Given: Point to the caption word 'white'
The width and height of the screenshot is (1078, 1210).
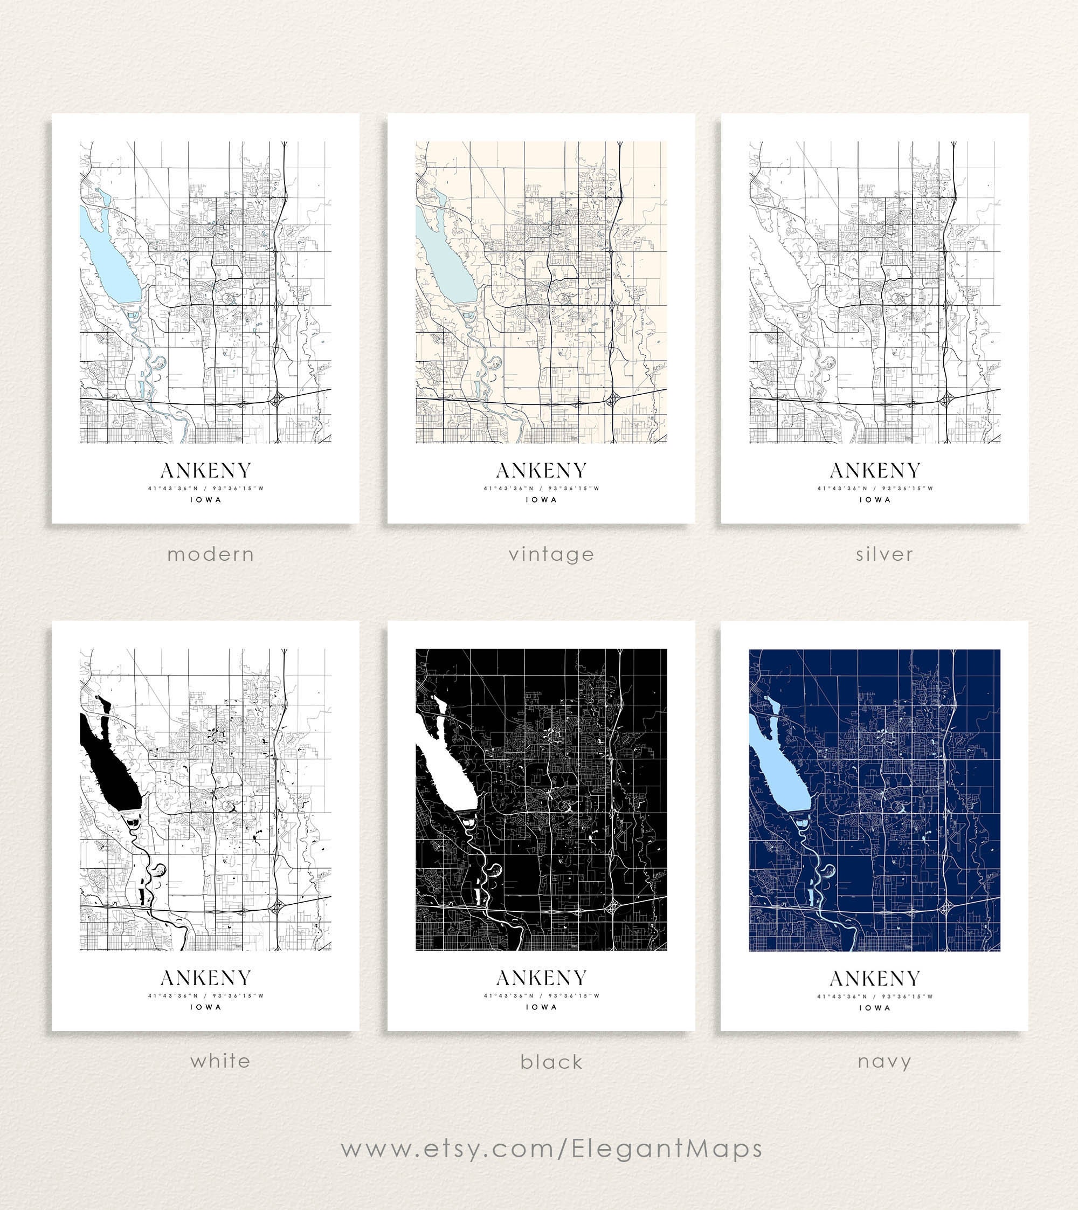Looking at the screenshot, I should tap(220, 1061).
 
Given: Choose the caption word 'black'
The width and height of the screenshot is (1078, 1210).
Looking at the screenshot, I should tap(551, 1062).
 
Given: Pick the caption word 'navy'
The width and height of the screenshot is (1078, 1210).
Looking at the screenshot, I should tap(884, 1061).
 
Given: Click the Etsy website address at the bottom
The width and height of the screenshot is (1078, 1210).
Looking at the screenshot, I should tap(551, 1149).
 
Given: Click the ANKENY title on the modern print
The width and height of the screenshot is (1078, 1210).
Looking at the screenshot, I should tap(205, 471).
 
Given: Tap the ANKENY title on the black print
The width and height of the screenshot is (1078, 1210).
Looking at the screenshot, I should tap(541, 978).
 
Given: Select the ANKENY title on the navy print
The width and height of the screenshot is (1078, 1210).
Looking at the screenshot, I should tap(875, 978).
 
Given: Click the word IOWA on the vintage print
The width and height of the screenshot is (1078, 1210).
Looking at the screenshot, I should tap(541, 499).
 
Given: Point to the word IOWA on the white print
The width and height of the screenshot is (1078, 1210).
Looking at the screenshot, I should tap(205, 1007).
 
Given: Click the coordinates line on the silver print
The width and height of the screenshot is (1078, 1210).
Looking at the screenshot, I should tap(875, 489).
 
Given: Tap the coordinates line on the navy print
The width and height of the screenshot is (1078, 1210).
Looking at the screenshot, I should tap(875, 996).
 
